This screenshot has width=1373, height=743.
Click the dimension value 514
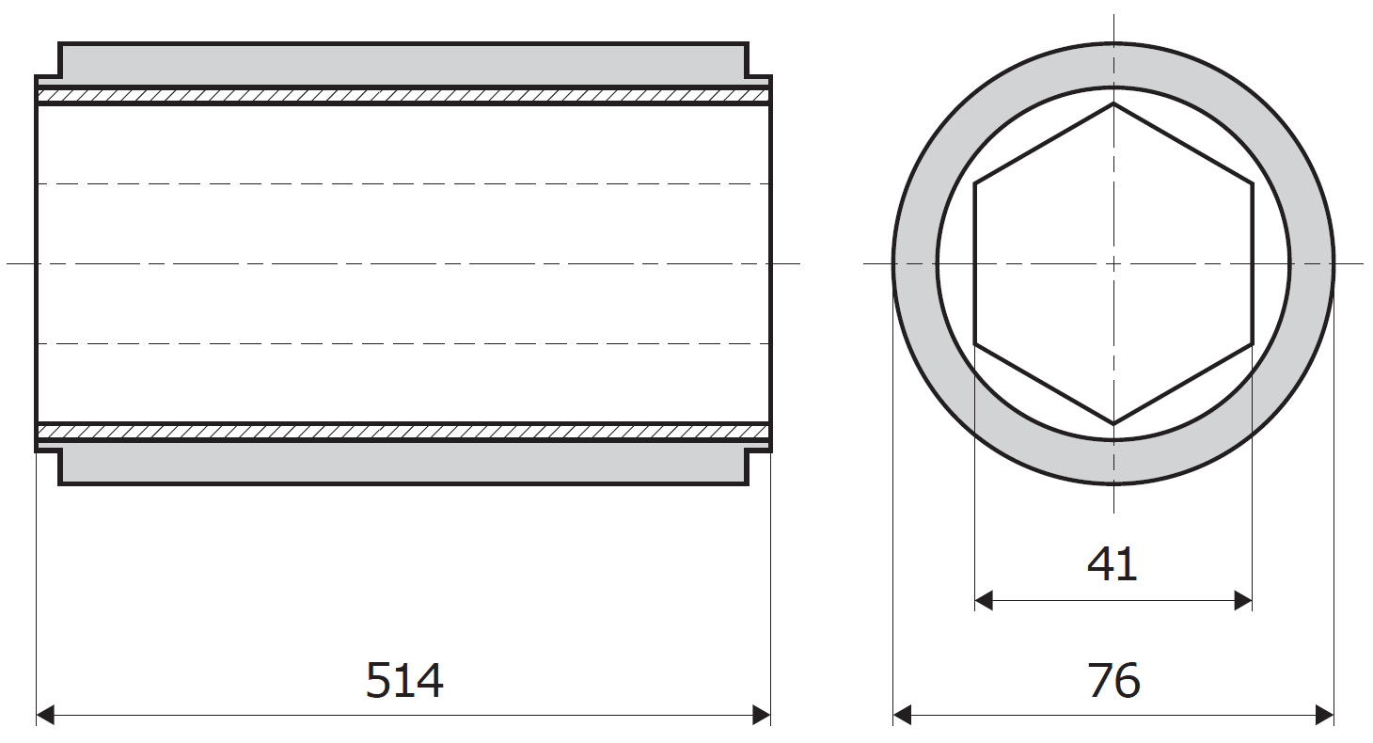(404, 681)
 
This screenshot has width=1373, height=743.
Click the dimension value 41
(1113, 564)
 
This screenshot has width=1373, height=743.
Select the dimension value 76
(1113, 681)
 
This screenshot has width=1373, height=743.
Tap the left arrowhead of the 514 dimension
(45, 715)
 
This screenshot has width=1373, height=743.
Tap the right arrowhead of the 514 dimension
(762, 715)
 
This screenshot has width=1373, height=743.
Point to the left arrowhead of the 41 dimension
(984, 601)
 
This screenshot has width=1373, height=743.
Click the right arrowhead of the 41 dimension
(1243, 601)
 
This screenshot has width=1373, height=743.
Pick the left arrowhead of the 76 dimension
(902, 715)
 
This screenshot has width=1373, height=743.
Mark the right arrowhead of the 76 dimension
(1325, 715)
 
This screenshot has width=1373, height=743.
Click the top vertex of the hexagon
(1113, 103)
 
